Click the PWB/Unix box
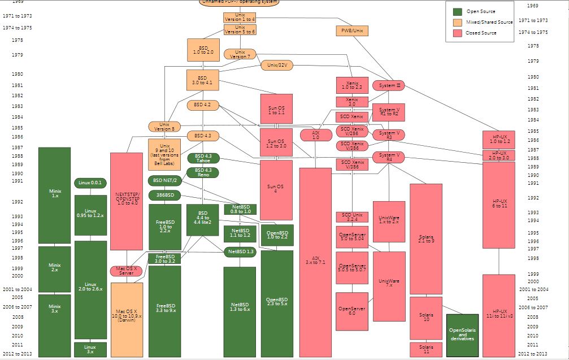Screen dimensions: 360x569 point(353,30)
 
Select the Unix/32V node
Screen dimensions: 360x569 point(277,65)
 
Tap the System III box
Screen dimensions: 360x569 point(389,85)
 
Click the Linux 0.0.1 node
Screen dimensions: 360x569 point(90,183)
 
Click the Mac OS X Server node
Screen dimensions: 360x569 point(126,271)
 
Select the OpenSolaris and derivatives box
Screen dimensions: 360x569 point(462,335)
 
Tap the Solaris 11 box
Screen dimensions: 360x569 point(425,349)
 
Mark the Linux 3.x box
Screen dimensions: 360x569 point(90,349)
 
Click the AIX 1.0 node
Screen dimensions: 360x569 point(315,135)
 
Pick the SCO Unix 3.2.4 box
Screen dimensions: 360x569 point(352,217)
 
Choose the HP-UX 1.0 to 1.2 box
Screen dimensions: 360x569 point(499,139)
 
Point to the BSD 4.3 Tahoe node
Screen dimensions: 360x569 point(203,158)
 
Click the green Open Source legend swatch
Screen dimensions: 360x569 point(458,11)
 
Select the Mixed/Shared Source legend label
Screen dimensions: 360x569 point(489,22)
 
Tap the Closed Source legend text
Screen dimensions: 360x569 point(481,33)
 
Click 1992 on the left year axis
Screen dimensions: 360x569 point(17,201)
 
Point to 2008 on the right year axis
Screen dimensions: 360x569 point(533,317)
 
